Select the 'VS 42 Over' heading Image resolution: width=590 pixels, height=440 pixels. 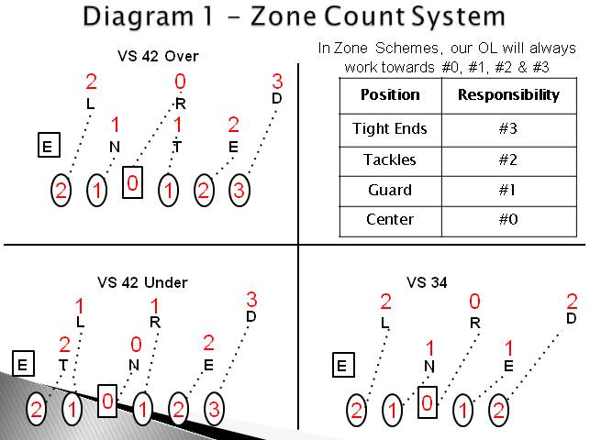coord(158,57)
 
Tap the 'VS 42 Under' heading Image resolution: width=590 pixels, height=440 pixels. coord(142,282)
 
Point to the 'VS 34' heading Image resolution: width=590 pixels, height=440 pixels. coord(427,282)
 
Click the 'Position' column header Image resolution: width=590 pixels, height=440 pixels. coord(390,95)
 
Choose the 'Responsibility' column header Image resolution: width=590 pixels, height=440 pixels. coord(507,95)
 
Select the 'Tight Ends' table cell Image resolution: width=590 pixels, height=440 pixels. coord(390,128)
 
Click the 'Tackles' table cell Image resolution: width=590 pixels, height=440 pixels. coord(390,159)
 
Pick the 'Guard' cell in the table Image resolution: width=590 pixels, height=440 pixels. coord(390,190)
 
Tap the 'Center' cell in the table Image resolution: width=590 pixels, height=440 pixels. coord(390,220)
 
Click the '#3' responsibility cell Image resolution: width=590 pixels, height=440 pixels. coord(507,128)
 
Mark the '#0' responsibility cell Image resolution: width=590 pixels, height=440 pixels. coord(507,220)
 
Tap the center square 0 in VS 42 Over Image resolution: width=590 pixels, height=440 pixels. coord(133,184)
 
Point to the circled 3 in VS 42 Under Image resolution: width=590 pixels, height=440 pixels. coord(213,410)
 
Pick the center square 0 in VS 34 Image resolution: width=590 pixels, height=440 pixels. coord(426,403)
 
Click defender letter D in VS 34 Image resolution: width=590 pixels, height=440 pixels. coord(571,318)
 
